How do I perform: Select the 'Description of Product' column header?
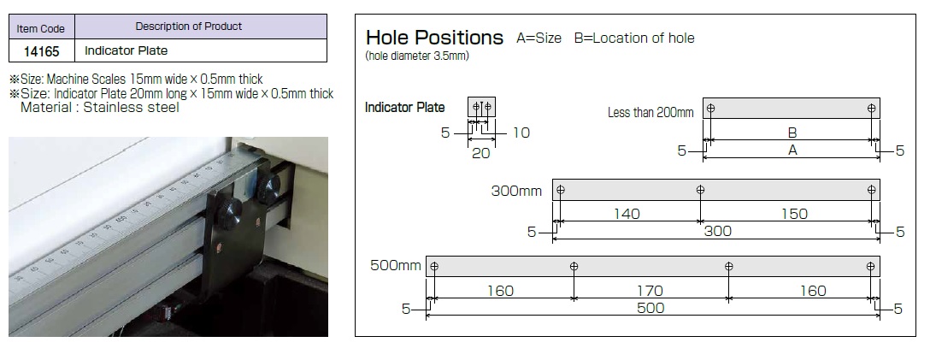[x=188, y=27]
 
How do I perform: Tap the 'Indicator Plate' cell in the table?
[x=126, y=51]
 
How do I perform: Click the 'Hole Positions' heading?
[x=434, y=38]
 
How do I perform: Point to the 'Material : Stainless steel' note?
[x=99, y=108]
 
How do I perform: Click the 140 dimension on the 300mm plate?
[x=627, y=214]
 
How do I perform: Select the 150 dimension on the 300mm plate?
[x=794, y=214]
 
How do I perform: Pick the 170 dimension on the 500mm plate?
[x=650, y=291]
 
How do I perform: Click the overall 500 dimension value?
[x=650, y=308]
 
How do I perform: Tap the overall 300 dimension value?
[x=716, y=231]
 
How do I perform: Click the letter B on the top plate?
[x=792, y=133]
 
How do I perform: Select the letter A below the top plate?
[x=792, y=150]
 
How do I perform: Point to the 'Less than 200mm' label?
[x=650, y=113]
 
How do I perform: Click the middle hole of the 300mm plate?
[x=701, y=190]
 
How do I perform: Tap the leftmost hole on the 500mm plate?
[x=434, y=266]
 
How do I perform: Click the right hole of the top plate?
[x=871, y=109]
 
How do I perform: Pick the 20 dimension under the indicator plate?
[x=480, y=153]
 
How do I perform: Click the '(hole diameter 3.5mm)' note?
[x=417, y=56]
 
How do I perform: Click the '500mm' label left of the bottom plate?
[x=396, y=266]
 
